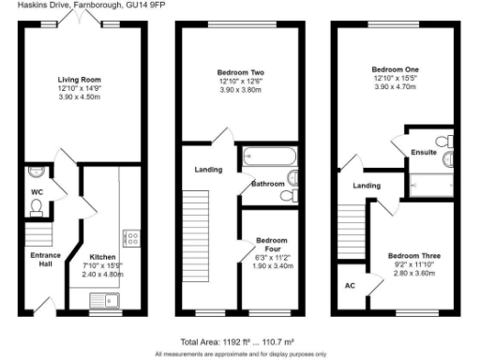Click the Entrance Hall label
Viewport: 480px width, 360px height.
pyautogui.click(x=46, y=260)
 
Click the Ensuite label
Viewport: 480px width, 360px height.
pyautogui.click(x=423, y=152)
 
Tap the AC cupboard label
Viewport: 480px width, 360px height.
pyautogui.click(x=350, y=285)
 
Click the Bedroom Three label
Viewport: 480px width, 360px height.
pyautogui.click(x=414, y=255)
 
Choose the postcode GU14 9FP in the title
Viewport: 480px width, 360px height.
pyautogui.click(x=137, y=7)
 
